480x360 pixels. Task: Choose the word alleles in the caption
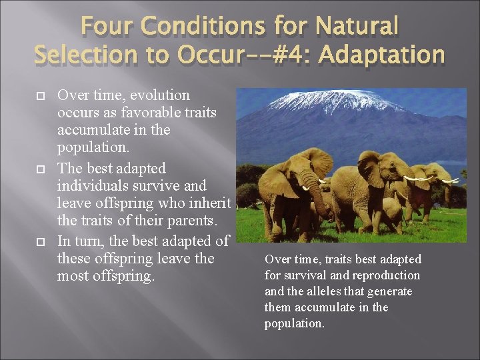327,291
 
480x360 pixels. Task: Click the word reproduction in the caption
387,275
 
